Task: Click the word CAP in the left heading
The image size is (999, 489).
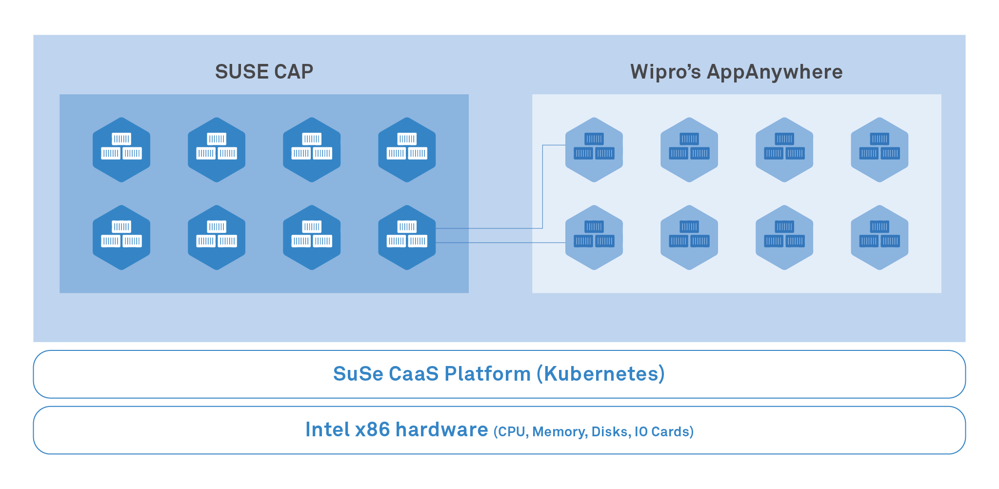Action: (294, 72)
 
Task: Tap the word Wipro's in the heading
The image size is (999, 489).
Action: (665, 72)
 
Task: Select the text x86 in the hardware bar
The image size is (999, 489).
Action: (373, 429)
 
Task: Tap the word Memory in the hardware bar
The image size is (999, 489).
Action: (559, 432)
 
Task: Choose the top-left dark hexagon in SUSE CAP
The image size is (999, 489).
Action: (121, 149)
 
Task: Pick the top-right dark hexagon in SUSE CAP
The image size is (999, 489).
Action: (407, 149)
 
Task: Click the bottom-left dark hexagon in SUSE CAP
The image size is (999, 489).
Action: (121, 237)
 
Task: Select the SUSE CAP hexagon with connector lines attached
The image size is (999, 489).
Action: (407, 237)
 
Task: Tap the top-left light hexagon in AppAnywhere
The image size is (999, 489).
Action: (594, 149)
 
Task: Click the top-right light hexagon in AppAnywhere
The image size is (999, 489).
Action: (879, 149)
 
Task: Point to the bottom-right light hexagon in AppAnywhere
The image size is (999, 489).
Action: (879, 237)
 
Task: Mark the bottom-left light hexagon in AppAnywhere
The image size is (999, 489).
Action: (594, 237)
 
